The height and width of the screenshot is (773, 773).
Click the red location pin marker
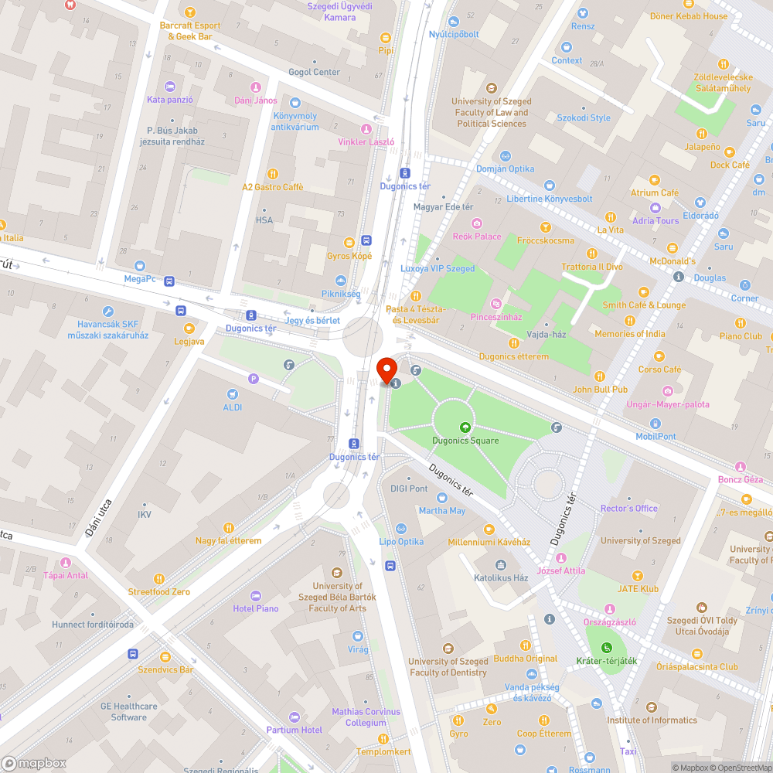(x=385, y=368)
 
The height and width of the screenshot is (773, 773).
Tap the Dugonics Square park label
(x=465, y=441)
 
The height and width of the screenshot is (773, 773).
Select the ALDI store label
(x=233, y=407)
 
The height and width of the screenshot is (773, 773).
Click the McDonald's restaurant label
(x=672, y=261)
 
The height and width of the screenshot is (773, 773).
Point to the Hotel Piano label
(x=256, y=608)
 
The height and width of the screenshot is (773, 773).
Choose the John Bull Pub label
(x=600, y=390)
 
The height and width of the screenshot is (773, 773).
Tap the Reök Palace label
(x=477, y=237)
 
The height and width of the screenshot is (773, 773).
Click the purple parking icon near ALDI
(x=253, y=379)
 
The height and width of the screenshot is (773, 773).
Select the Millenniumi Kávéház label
(x=489, y=542)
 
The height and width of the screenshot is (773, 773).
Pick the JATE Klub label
(x=638, y=588)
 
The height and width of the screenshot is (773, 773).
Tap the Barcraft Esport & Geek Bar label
(x=190, y=30)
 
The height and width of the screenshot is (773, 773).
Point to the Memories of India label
(x=629, y=334)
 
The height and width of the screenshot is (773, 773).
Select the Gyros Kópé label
(x=349, y=256)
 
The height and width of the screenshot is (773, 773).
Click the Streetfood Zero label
(x=159, y=591)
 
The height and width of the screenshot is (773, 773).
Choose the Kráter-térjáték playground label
(x=607, y=660)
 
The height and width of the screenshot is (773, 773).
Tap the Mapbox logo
(x=34, y=763)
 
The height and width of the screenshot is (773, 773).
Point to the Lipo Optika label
(x=401, y=541)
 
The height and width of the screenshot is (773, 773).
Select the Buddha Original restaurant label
(x=525, y=659)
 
